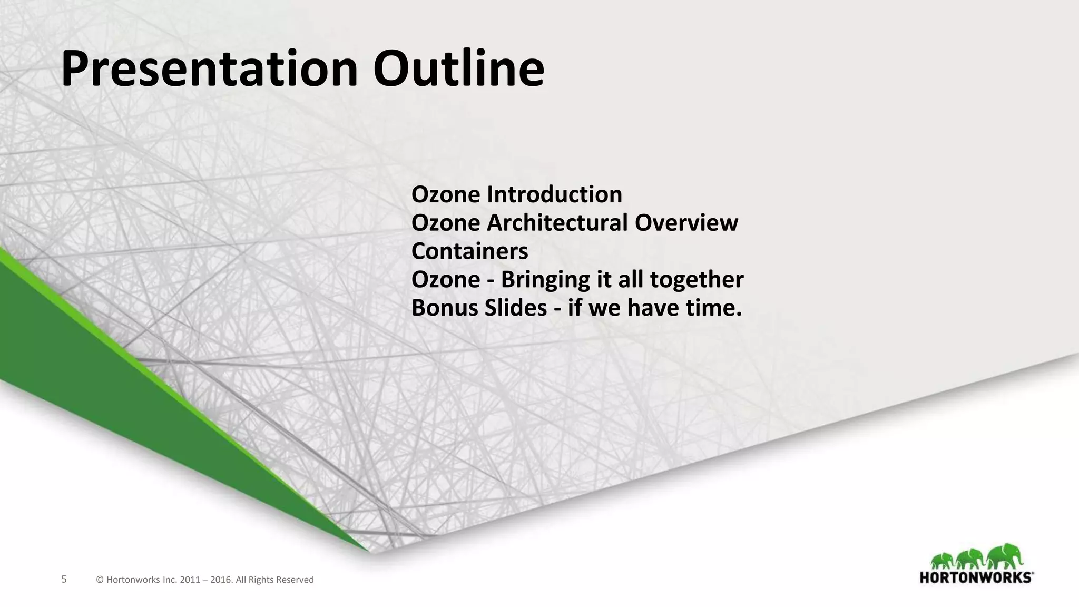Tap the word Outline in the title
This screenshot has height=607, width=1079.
(x=458, y=68)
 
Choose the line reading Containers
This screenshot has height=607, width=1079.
(x=469, y=251)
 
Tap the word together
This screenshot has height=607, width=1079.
(x=697, y=280)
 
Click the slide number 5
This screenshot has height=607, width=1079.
(x=64, y=580)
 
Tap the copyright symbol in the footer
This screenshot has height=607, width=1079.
(x=100, y=580)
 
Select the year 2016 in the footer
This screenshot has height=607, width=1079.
(x=221, y=580)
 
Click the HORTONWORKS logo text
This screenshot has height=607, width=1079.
(x=976, y=577)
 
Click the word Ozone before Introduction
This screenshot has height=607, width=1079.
(x=445, y=194)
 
